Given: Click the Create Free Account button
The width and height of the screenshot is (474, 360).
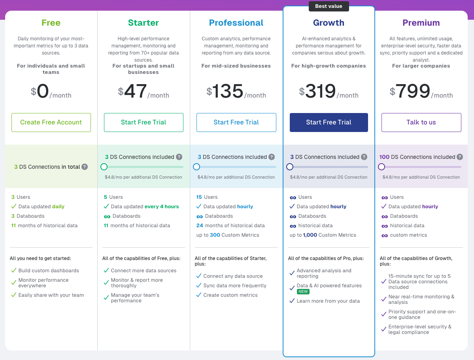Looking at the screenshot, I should tap(51, 123).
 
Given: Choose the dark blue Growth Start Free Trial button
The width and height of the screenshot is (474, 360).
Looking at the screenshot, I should tap(329, 123).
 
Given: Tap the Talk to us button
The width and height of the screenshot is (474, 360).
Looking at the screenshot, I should tap(421, 123).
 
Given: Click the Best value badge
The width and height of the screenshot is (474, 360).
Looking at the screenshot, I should tap(329, 6).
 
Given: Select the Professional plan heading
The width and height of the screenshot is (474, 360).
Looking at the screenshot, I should tap(236, 23).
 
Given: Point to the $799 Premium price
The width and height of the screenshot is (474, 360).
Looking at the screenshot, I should tap(413, 91).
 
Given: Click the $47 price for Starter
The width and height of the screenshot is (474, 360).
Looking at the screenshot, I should tap(136, 91).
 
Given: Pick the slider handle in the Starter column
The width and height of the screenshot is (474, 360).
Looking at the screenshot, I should tap(104, 167).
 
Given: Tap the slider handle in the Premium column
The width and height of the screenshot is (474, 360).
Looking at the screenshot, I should tap(381, 167).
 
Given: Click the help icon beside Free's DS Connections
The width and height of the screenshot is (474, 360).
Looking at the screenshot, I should tap(85, 167).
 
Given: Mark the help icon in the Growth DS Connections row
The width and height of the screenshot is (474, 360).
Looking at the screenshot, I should tap(364, 157).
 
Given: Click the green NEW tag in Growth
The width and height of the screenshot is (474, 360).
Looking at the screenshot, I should tap(303, 292).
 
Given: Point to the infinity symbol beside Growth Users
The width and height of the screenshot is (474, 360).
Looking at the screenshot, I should tap(293, 197).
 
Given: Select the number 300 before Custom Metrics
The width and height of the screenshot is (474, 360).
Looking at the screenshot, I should tap(215, 235).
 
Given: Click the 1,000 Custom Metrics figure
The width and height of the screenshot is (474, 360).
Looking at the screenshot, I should tap(310, 235).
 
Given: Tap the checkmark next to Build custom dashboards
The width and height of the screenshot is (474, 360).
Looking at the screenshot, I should tap(13, 271).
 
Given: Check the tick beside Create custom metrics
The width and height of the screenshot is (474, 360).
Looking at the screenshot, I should tap(198, 295).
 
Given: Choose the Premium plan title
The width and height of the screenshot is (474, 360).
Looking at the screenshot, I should tap(421, 23).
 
